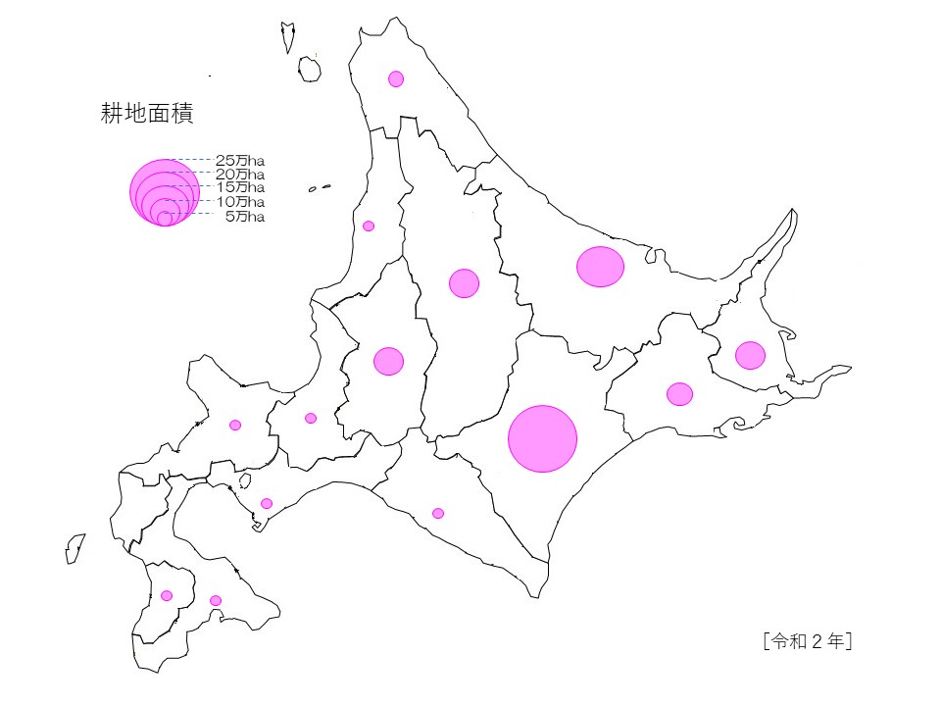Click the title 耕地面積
pos(147,114)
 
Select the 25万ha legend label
pos(240,159)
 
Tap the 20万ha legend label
pos(240,173)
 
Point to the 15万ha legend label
pos(240,186)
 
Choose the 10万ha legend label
pos(240,201)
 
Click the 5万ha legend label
pos(244,216)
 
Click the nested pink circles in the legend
pos(165,193)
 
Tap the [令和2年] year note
pos(805,641)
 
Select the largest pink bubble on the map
pos(542,438)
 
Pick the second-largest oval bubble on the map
pos(600,267)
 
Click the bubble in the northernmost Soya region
pos(396,78)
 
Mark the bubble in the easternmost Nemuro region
pos(750,355)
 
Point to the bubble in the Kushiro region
pos(679,394)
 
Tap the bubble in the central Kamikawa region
pos(464,283)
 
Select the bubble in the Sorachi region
pos(388,361)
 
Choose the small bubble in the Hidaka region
pos(438,513)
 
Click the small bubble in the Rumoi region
pos(369,226)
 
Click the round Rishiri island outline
pos(310,69)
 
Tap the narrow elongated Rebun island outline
pos(289,38)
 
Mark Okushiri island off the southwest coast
pos(75,548)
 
